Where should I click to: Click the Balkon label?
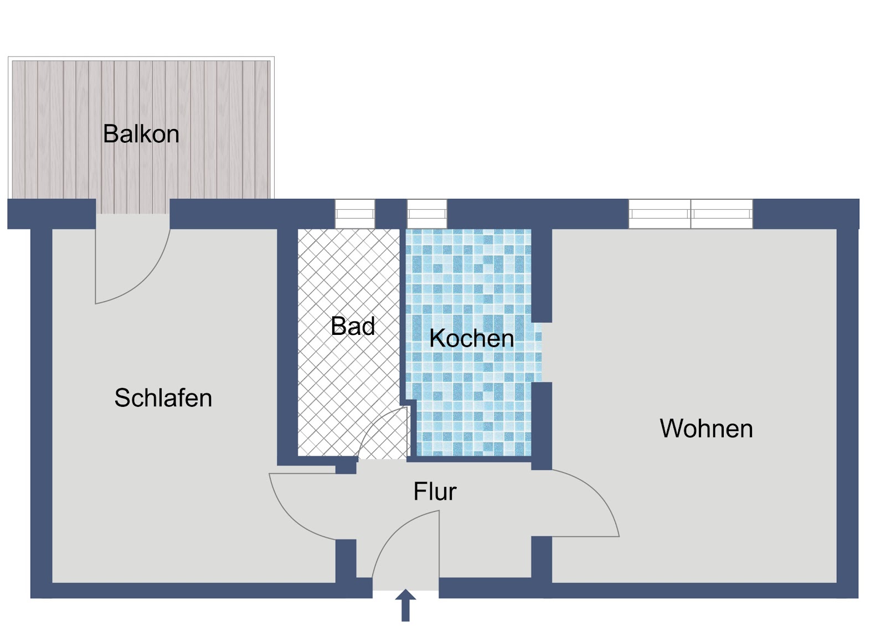point(141,133)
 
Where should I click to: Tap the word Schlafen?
point(163,397)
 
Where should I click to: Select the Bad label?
point(352,326)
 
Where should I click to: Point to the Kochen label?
point(471,338)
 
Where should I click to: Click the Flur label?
point(435,492)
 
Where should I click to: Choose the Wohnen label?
point(706,428)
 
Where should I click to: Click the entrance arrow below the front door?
point(405,605)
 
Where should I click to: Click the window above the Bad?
point(355,214)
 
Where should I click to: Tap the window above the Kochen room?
point(427,214)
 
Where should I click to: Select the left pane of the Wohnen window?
point(660,214)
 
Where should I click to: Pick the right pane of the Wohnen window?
point(722,214)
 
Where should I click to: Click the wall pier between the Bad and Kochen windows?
point(391,214)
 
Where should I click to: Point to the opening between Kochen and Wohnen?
point(542,353)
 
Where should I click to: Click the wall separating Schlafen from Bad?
point(287,346)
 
